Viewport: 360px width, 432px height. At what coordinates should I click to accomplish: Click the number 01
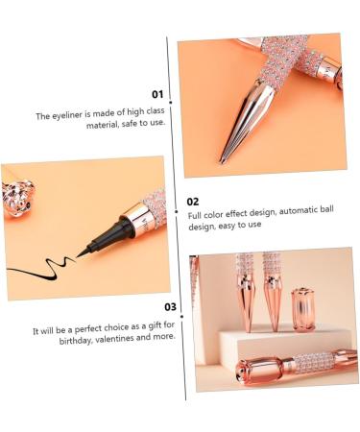click(x=157, y=95)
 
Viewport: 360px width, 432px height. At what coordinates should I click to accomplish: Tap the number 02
click(x=193, y=202)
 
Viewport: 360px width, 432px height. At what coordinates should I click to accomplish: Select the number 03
click(x=170, y=307)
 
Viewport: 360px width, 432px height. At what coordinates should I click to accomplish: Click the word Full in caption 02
click(x=196, y=216)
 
